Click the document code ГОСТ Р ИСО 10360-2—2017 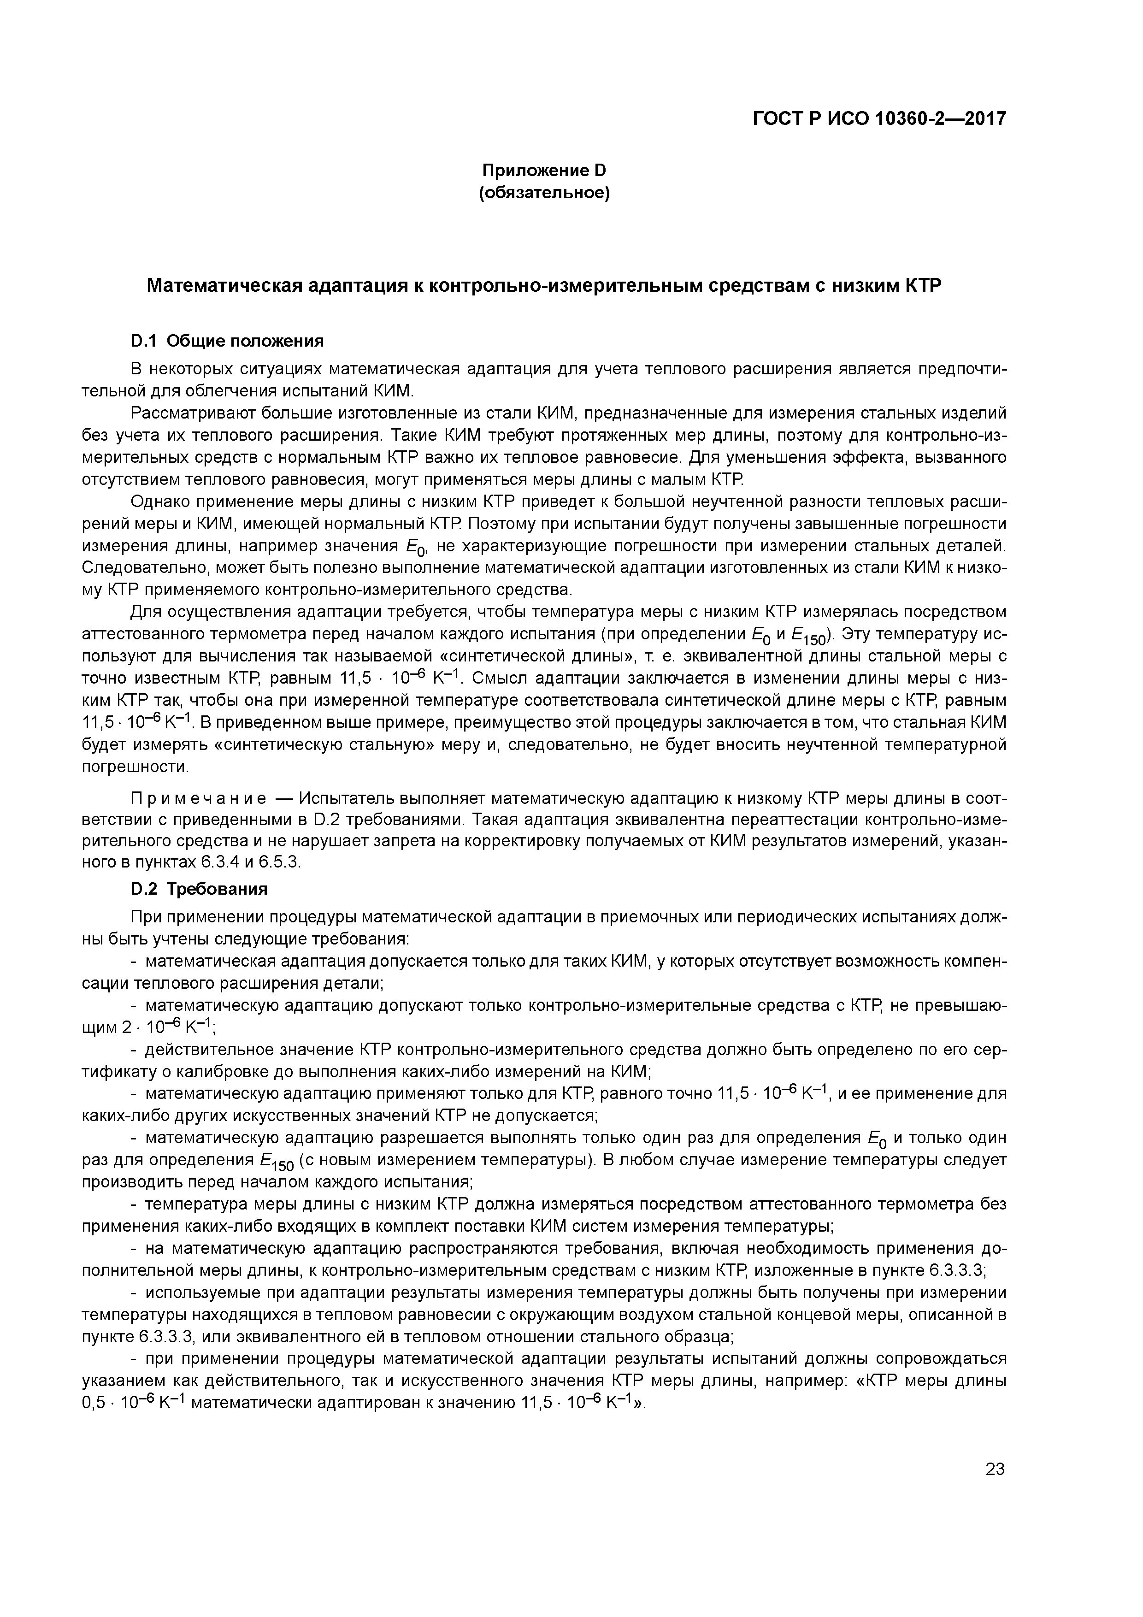point(879,118)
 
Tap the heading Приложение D point(544,171)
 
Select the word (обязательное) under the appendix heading point(544,192)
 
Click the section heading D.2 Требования point(199,889)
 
